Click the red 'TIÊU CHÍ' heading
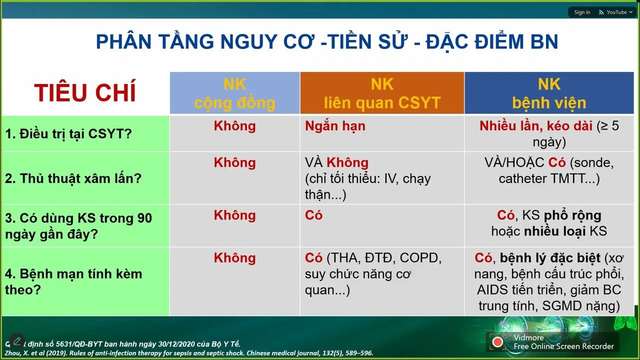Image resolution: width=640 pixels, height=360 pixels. pos(85,93)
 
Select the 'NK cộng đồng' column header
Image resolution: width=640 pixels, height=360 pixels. pos(234,93)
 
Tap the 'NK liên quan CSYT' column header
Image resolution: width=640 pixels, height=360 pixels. pos(382,93)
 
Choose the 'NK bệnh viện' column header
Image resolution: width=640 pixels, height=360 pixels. pos(549,93)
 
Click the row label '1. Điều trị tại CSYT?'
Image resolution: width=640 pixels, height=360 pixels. pos(68,134)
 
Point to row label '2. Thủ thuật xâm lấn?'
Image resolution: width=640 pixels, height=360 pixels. pos(73,179)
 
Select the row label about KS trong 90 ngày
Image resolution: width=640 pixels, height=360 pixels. pos(78,226)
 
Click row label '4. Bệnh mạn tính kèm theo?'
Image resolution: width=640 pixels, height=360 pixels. pos(73,281)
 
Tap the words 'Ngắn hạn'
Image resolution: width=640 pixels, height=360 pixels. pos(335,126)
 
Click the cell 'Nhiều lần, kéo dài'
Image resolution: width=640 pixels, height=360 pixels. pos(535,126)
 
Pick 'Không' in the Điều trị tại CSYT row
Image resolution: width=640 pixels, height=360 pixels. pos(234,126)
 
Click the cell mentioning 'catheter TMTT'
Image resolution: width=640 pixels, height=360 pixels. pos(549,178)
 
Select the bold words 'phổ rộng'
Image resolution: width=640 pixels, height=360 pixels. pos(572,215)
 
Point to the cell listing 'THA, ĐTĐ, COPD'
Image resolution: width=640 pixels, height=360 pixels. pos(373,274)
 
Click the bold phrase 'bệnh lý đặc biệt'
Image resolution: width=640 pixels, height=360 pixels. pos(550,258)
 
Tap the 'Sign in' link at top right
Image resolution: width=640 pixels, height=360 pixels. pos(582,12)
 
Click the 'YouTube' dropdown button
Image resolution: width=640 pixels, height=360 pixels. pos(616,12)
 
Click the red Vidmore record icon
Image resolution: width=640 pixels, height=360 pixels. pos(497,342)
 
